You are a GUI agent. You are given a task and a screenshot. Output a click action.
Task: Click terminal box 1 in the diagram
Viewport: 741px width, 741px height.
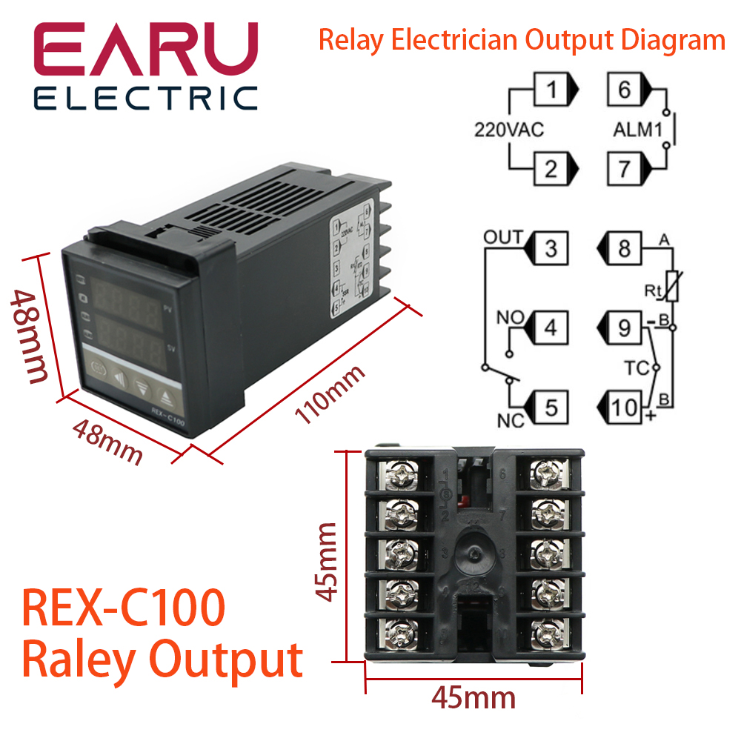551,91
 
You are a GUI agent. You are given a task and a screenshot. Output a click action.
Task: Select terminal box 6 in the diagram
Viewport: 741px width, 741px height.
624,91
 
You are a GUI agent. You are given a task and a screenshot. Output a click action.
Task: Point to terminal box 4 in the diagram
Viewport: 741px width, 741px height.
551,327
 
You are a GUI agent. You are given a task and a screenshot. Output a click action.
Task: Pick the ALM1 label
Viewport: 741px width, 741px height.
637,130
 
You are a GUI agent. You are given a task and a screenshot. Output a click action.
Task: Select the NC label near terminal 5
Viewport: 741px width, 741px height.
510,421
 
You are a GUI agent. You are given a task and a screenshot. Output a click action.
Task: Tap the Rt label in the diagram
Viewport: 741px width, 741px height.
653,291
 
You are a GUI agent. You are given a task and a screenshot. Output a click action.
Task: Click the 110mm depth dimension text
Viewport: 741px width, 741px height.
330,393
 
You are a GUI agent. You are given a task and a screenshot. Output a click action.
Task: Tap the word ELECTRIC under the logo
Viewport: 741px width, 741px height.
145,98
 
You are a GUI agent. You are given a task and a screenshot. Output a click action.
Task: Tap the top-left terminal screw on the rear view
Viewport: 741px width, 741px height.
399,472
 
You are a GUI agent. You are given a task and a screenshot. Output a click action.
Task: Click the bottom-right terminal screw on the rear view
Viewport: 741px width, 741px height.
547,631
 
